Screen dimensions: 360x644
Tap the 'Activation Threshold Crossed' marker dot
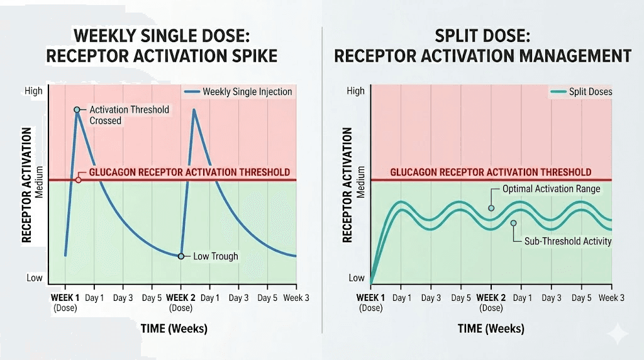pyautogui.click(x=77, y=110)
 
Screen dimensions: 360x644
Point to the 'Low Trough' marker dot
pyautogui.click(x=181, y=256)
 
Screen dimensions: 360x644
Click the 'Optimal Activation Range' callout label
pyautogui.click(x=551, y=189)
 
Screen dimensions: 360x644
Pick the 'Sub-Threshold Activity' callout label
pyautogui.click(x=568, y=241)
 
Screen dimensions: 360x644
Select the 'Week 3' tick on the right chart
pyautogui.click(x=611, y=297)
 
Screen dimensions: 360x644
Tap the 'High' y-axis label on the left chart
pyautogui.click(x=33, y=91)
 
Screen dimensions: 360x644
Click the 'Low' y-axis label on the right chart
pyautogui.click(x=357, y=278)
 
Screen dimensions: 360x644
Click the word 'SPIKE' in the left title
pyautogui.click(x=251, y=56)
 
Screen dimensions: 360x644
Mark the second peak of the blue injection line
pyautogui.click(x=194, y=110)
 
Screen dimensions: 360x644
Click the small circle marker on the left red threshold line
pyautogui.click(x=78, y=180)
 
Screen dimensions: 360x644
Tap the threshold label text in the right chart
pyautogui.click(x=491, y=172)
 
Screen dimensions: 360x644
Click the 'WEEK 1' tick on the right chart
pyautogui.click(x=371, y=297)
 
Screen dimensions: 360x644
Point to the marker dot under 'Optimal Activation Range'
pyautogui.click(x=491, y=208)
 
